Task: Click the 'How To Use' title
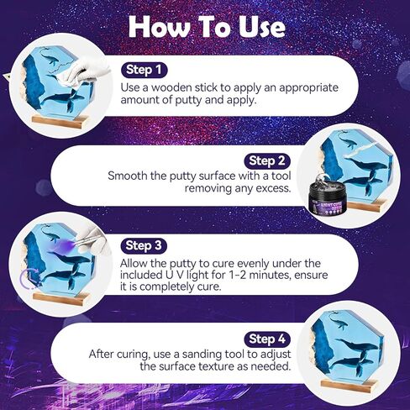pos(206,27)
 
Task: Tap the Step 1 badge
pos(146,70)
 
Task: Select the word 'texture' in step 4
pos(226,367)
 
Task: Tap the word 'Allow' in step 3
pos(139,263)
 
